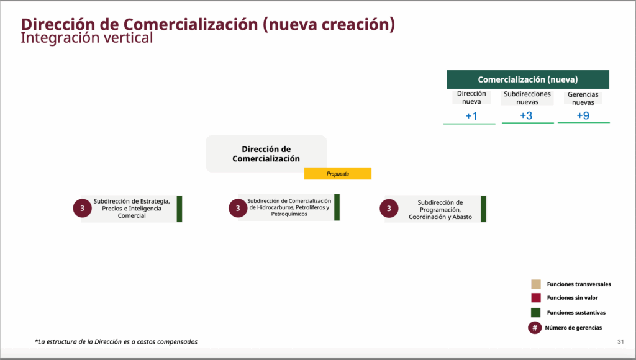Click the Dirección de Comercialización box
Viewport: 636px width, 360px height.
click(x=266, y=154)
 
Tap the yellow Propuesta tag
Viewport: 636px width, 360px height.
click(x=337, y=174)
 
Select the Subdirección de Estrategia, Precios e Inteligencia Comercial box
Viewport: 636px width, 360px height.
click(x=132, y=209)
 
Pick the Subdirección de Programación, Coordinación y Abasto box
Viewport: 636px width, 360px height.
click(x=435, y=209)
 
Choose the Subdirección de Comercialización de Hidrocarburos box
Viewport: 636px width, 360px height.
click(x=289, y=207)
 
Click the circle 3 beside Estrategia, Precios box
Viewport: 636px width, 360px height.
click(x=83, y=209)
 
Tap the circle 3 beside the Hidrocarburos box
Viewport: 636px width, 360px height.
click(x=238, y=208)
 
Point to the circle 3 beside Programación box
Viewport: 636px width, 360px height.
click(x=389, y=209)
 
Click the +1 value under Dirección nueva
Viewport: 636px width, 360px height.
click(x=471, y=116)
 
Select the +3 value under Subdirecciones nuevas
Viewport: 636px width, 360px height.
click(x=526, y=115)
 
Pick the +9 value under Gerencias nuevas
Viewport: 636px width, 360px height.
click(x=583, y=115)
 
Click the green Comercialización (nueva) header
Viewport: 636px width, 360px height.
click(x=528, y=79)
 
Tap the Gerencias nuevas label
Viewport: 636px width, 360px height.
click(x=583, y=98)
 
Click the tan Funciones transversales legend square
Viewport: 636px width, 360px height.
click(x=536, y=284)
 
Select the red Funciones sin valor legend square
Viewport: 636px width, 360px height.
click(x=536, y=297)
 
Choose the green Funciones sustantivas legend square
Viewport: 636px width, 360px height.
click(x=536, y=313)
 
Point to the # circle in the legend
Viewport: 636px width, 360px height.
click(x=535, y=328)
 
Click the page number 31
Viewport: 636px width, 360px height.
click(x=620, y=342)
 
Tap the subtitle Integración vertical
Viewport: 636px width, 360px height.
click(x=87, y=38)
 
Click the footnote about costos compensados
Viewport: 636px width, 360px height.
click(x=116, y=342)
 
